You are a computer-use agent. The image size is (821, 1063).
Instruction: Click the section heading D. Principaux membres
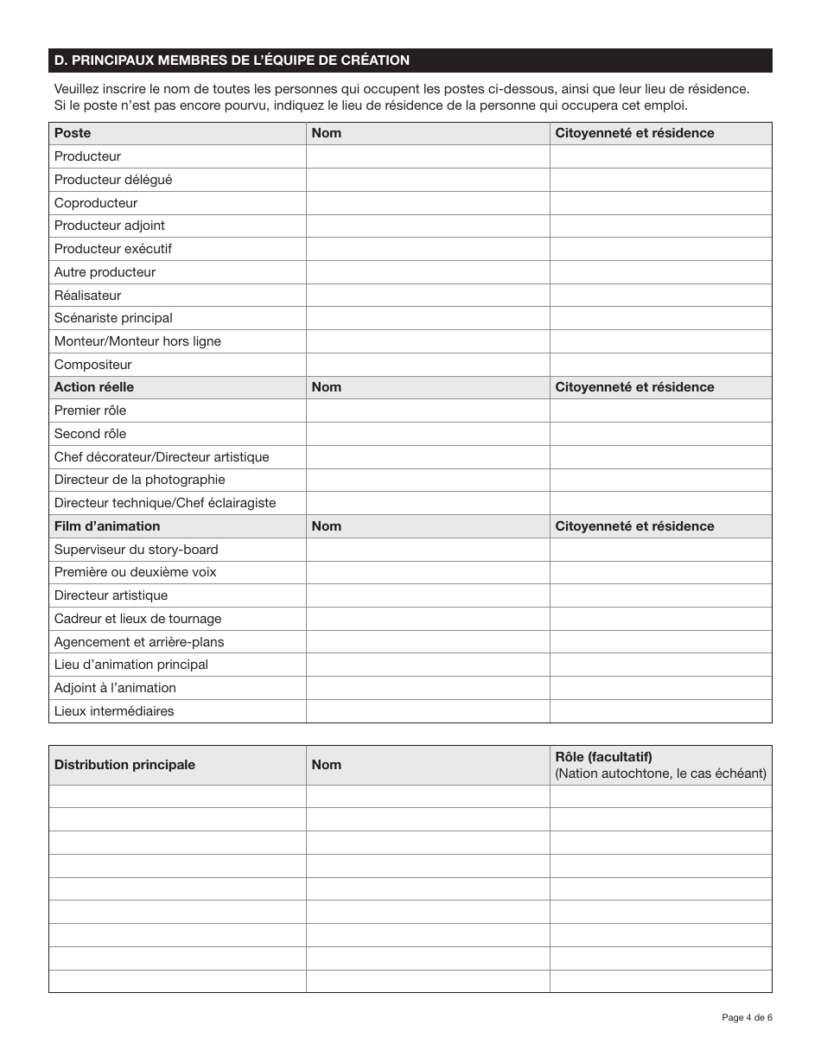click(232, 60)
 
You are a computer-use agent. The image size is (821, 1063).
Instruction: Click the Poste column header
click(73, 133)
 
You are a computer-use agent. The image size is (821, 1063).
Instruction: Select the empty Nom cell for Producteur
click(428, 156)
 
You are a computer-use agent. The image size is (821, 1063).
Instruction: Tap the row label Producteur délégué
click(113, 180)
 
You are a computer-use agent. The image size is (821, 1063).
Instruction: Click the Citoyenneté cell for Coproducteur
click(660, 203)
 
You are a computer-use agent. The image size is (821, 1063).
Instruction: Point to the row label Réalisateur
click(87, 296)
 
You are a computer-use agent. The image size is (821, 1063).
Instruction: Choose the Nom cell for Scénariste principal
click(428, 318)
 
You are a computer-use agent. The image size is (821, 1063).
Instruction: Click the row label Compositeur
click(92, 365)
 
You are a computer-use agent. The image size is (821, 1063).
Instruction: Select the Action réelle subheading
click(94, 387)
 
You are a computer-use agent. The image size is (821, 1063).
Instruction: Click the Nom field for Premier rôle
click(428, 411)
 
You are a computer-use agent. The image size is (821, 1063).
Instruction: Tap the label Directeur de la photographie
click(139, 480)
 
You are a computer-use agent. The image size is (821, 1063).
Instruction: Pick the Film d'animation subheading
click(107, 526)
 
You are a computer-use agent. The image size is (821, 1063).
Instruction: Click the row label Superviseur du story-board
click(136, 550)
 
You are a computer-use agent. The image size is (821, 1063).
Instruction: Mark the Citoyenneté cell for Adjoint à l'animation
click(660, 688)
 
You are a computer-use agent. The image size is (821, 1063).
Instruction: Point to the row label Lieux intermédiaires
click(114, 711)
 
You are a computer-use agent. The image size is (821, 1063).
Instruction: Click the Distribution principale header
click(124, 765)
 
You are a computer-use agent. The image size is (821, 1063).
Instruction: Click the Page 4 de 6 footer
click(747, 1017)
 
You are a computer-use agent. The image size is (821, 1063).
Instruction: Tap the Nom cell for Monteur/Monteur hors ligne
click(428, 341)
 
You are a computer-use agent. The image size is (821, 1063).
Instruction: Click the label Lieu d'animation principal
click(130, 665)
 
